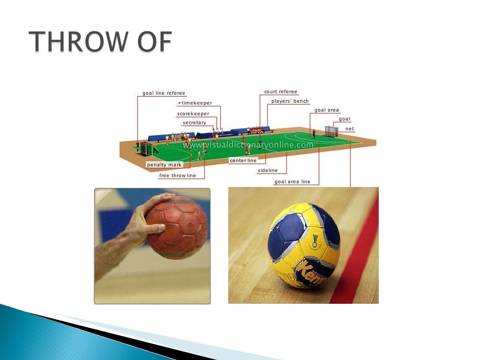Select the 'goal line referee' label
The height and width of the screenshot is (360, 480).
[x=164, y=93]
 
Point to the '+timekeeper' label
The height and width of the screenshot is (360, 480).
[x=195, y=103]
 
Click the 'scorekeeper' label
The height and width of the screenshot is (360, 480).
[x=193, y=114]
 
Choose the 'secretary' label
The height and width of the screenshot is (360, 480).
[x=195, y=123]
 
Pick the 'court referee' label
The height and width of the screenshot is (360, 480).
[x=281, y=92]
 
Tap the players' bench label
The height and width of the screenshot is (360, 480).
[x=290, y=101]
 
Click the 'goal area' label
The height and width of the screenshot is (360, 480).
[x=327, y=110]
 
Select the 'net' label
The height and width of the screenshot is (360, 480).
[x=350, y=128]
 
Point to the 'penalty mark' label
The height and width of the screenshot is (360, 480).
[x=164, y=165]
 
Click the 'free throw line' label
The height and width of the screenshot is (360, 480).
[x=178, y=176]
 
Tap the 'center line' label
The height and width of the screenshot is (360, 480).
[x=243, y=161]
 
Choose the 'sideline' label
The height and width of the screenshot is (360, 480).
[x=268, y=171]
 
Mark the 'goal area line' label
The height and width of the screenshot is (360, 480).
[x=292, y=182]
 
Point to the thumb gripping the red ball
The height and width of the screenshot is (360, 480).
[x=155, y=228]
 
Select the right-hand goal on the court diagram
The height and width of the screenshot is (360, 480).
[x=331, y=131]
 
